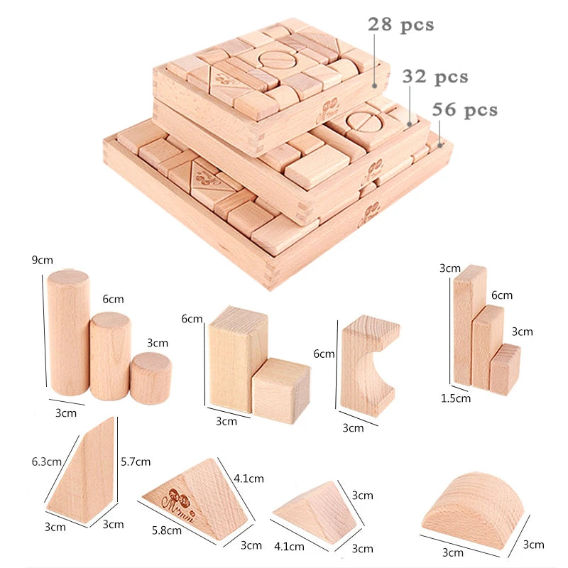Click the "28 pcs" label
click(400, 25)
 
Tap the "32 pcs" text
click(435, 77)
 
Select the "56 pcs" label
click(465, 109)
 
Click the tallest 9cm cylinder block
click(68, 332)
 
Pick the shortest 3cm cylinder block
click(151, 378)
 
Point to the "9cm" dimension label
click(42, 260)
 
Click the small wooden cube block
click(281, 390)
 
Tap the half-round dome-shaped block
click(474, 510)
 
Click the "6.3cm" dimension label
click(46, 461)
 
